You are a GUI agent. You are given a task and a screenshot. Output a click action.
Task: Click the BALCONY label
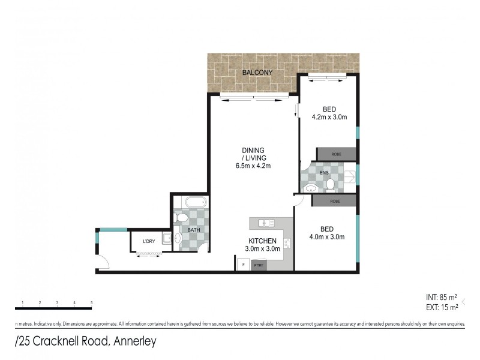point(257,73)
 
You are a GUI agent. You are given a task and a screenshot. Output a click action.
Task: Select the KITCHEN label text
point(263,241)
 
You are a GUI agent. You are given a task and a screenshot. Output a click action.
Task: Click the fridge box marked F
point(243,265)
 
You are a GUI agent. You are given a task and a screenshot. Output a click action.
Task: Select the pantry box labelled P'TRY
point(259,265)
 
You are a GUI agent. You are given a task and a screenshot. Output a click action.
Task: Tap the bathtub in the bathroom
point(190,202)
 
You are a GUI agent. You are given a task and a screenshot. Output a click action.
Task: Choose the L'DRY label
point(149,241)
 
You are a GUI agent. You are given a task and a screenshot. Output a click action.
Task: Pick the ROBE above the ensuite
point(336,154)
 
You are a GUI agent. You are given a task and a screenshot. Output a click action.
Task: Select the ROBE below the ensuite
point(336,202)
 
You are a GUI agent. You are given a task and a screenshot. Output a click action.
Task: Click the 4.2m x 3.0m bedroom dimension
point(329,118)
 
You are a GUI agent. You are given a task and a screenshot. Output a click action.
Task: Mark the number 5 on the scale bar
point(91,302)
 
